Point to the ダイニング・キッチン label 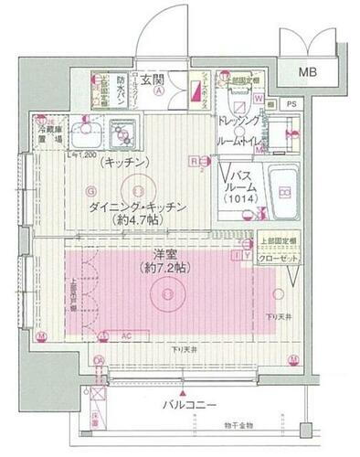tap(138, 208)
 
